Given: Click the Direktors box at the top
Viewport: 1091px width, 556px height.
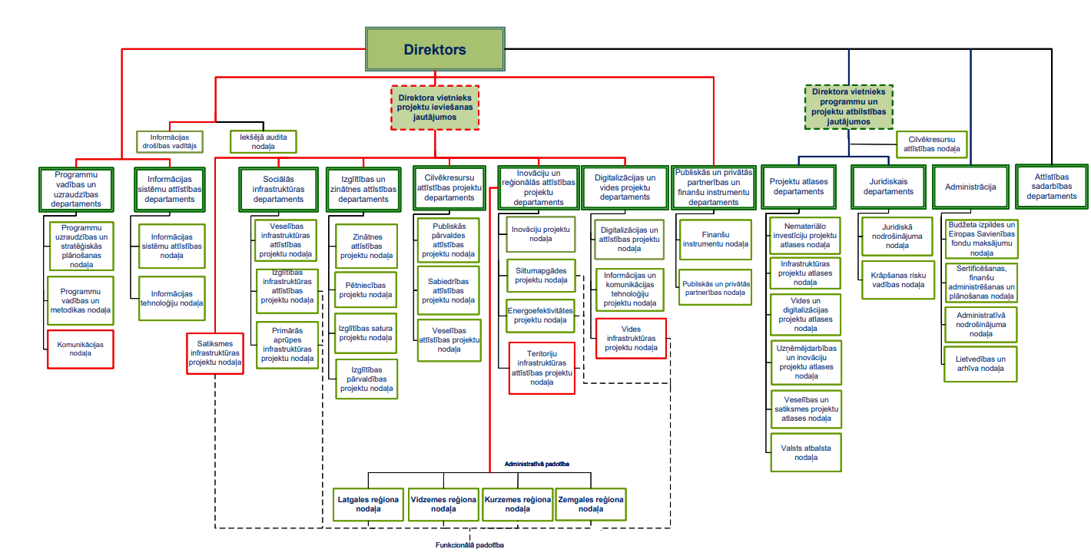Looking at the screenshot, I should click(x=435, y=50).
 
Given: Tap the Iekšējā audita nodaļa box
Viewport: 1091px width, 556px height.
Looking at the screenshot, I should click(x=264, y=141).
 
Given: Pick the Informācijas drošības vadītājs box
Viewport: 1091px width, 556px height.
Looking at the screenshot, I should click(x=169, y=141).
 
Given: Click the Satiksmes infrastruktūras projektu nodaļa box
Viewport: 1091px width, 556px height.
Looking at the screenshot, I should click(x=215, y=352).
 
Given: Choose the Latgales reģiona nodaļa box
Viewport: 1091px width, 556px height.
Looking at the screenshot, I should click(x=369, y=504).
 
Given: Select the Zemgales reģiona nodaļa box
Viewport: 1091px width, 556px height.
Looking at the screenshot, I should click(x=590, y=504).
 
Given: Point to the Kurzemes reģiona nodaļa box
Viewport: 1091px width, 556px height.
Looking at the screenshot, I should click(x=518, y=504).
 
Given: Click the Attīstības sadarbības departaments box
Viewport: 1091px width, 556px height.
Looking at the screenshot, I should click(x=1051, y=187).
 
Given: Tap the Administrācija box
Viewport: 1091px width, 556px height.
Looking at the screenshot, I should click(x=970, y=187).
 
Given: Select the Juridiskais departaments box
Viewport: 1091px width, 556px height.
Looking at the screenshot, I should click(x=888, y=187).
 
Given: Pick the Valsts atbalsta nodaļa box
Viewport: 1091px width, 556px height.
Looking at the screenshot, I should click(x=806, y=452).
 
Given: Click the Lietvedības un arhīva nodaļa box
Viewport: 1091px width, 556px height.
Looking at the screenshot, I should click(x=980, y=363).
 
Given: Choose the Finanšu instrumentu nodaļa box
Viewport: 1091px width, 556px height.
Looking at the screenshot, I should click(x=715, y=240).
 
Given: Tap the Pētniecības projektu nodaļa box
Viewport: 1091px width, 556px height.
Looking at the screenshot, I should click(x=366, y=290).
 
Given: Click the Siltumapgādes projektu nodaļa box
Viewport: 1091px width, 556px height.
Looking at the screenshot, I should click(x=541, y=275).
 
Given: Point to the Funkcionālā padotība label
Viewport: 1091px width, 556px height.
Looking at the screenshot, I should click(x=469, y=544).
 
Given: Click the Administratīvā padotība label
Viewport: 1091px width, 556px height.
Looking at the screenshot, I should click(x=536, y=465).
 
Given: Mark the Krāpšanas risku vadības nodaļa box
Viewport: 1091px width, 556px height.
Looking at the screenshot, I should click(x=897, y=280).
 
